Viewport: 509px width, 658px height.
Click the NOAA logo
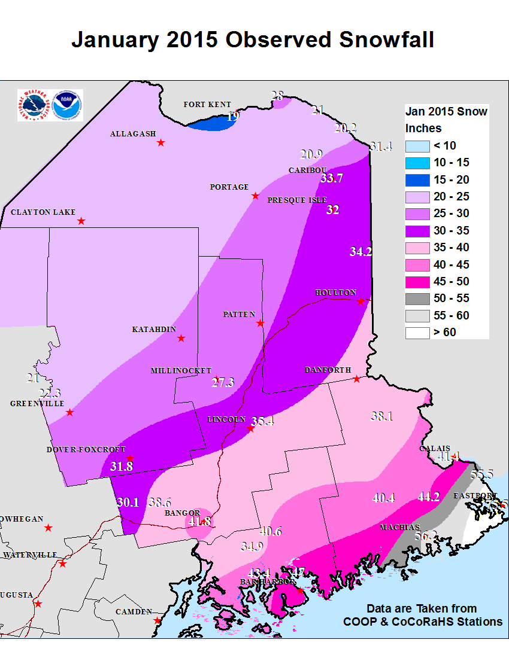coord(68,105)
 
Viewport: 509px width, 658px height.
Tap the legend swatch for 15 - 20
coord(417,179)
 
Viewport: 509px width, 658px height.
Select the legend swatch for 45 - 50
coord(417,281)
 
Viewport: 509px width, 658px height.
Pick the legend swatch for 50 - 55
coord(417,298)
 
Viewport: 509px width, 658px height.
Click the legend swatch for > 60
coord(417,332)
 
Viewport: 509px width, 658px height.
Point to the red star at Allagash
coord(160,142)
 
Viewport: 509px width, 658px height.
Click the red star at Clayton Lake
coord(81,221)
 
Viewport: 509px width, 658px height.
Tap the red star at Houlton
coord(360,301)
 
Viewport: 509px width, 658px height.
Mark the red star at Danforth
coord(356,379)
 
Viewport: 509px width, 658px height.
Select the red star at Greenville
coord(70,412)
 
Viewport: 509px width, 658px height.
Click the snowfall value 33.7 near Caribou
coord(332,178)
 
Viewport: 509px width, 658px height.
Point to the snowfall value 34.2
coord(361,252)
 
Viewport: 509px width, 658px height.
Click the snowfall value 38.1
coord(381,416)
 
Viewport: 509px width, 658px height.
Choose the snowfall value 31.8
coord(122,466)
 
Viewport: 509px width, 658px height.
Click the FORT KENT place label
coord(207,105)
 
